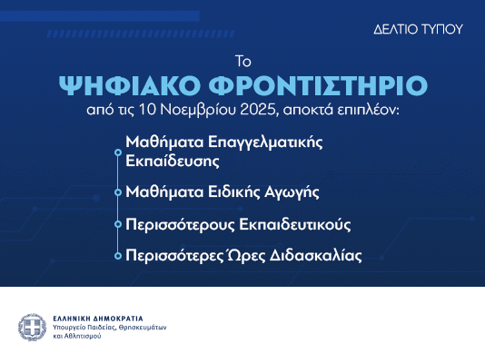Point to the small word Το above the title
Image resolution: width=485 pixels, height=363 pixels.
tap(242, 62)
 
